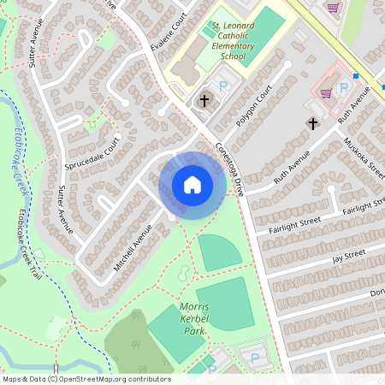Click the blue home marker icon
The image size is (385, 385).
pos(192,185)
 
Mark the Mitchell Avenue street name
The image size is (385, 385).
pos(133,248)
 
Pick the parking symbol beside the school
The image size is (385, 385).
pos(224,86)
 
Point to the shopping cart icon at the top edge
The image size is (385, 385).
pos(333,7)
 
